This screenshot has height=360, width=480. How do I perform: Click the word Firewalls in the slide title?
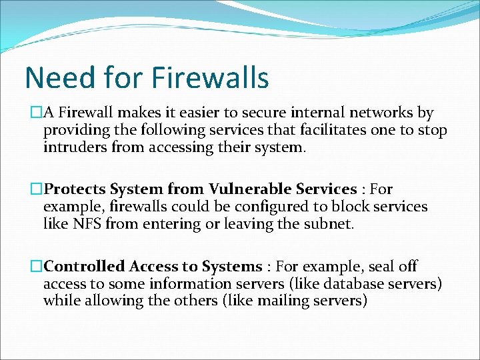tap(210, 78)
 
